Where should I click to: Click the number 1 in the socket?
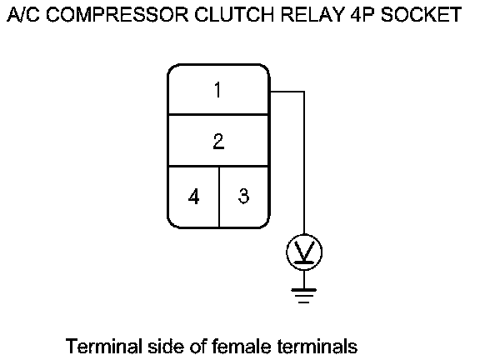217,90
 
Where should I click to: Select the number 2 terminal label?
218,141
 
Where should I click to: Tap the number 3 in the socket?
243,196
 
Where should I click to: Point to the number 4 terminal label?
194,196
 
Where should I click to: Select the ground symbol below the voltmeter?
304,296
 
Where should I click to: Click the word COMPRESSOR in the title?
117,14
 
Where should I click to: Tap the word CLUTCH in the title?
234,14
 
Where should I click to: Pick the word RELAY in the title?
312,14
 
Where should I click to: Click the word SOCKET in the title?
421,14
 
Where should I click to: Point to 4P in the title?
362,14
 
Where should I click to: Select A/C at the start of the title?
23,14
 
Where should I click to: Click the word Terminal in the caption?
104,346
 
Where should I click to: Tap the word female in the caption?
241,346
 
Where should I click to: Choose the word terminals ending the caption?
317,346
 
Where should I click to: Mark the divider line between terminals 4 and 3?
219,197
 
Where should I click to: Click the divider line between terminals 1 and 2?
218,114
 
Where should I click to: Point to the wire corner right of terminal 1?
304,91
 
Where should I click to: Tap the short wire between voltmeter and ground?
304,279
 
